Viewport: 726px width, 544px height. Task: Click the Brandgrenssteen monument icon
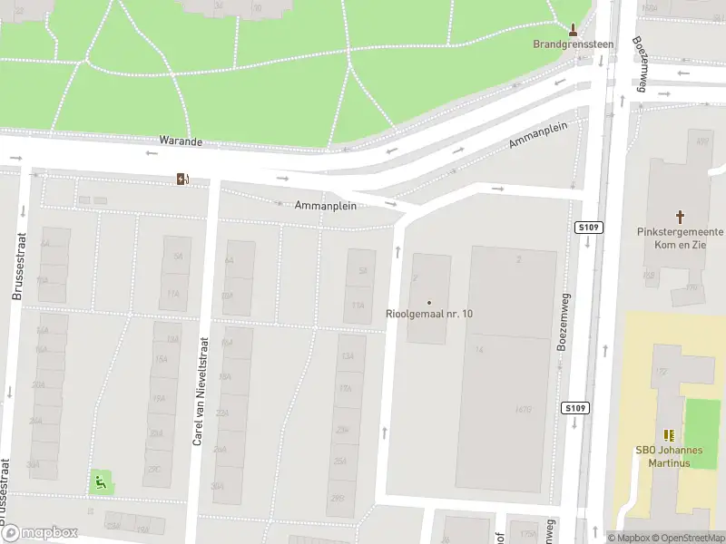point(573,29)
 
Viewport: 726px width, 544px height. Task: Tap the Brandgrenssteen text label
point(573,44)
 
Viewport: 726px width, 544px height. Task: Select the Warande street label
point(181,142)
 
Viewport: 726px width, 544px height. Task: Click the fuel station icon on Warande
point(183,179)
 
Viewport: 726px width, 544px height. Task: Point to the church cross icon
point(681,217)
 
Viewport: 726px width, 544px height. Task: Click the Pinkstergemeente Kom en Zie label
point(681,238)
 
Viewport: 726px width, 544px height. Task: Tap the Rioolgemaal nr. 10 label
point(429,314)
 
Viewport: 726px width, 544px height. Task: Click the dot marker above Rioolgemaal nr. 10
point(429,302)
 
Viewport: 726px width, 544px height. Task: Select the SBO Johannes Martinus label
point(669,456)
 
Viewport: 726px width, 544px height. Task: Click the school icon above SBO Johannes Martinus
point(669,436)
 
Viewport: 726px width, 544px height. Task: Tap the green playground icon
point(101,481)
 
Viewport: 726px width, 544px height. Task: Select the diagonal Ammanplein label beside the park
point(538,135)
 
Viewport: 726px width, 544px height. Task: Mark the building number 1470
point(523,409)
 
